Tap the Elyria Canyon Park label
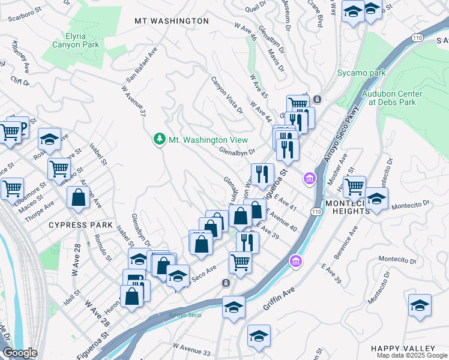(74, 40)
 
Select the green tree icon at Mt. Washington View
(159, 139)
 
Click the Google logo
(19, 353)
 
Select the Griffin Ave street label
(279, 298)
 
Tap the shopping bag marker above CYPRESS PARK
(78, 197)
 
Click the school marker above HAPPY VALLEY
(420, 305)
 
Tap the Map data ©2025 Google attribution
(412, 355)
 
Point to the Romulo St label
(100, 248)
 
